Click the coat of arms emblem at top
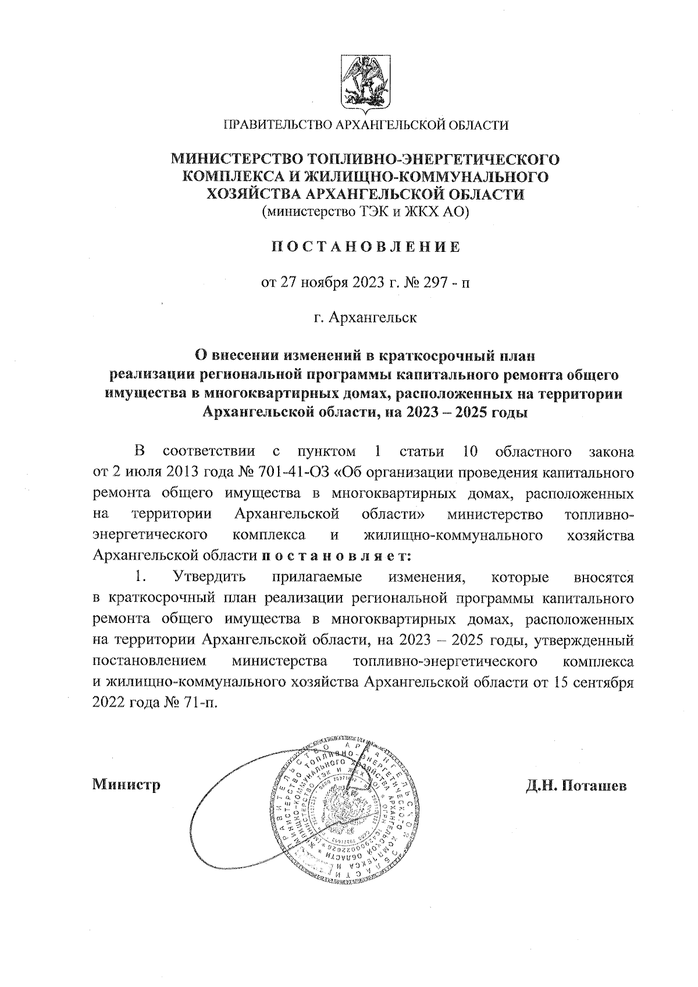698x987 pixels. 364,84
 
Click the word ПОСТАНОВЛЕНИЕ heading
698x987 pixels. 366,247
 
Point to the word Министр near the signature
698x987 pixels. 126,785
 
